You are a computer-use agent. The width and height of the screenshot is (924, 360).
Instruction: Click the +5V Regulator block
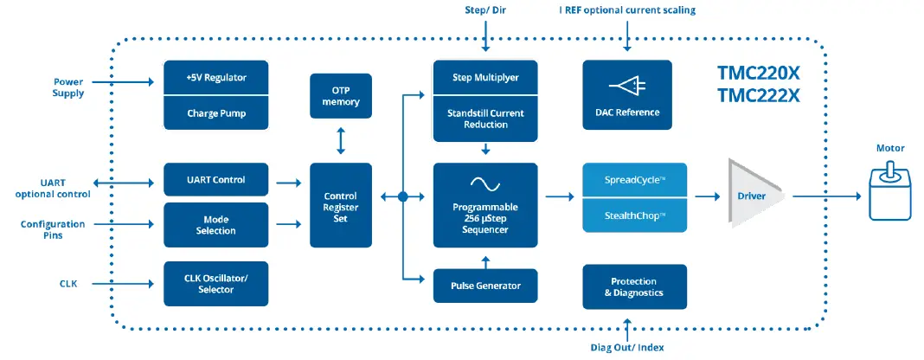tap(216, 78)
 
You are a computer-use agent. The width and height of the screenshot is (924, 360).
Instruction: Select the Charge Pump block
tap(216, 112)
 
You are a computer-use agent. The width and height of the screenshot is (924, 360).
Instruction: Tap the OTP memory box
tap(341, 96)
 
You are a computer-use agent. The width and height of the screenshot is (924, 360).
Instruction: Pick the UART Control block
tap(216, 180)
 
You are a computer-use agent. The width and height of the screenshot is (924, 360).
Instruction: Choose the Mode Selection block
tap(216, 224)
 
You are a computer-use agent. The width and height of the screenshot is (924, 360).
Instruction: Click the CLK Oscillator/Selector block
tap(216, 283)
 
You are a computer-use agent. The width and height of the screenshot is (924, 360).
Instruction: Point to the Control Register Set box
tap(341, 207)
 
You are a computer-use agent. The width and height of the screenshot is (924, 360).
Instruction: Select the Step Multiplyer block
tap(485, 78)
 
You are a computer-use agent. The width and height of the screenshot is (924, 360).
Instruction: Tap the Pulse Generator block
tap(485, 285)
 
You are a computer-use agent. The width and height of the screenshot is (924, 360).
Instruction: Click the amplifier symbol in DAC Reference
tap(626, 85)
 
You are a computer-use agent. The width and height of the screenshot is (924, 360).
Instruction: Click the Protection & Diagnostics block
tap(634, 287)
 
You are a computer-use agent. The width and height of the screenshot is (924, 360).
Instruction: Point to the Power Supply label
tap(67, 87)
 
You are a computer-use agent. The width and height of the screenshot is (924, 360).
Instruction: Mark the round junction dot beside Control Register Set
tap(402, 197)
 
